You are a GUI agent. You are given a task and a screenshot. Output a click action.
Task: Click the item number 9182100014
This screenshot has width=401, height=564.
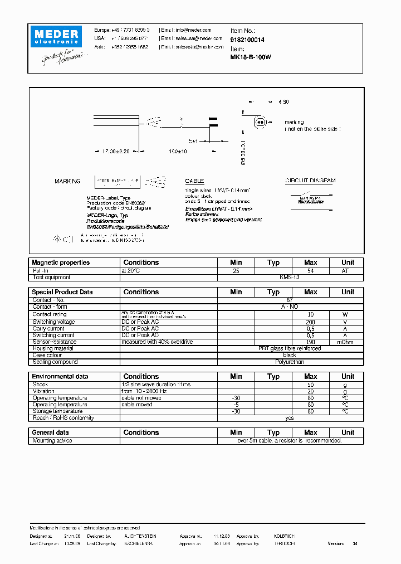[x=247, y=40]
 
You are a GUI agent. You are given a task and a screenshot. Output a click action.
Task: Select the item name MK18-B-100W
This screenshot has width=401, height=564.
[x=251, y=57]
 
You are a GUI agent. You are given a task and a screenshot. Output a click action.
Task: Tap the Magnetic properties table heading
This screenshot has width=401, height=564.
[x=61, y=262]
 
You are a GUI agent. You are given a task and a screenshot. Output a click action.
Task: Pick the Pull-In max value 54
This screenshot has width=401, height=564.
[x=311, y=270]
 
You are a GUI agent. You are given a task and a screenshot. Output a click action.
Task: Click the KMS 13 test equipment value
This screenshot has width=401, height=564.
[x=290, y=277]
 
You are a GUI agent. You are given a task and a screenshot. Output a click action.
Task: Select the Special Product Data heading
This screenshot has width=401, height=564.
[x=62, y=292]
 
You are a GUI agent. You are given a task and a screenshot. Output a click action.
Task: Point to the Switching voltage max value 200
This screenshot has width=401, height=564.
[x=311, y=322]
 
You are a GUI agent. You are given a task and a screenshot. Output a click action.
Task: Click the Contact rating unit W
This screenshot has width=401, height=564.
[x=348, y=314]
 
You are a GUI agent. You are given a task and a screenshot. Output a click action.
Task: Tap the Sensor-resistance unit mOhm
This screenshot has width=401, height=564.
[x=348, y=342]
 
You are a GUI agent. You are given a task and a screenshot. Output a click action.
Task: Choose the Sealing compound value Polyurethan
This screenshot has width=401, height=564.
[x=290, y=362]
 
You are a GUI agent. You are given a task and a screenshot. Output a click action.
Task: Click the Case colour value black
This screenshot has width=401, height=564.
[x=290, y=355]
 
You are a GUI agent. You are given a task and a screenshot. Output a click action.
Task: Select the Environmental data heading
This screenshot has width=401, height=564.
[x=60, y=377]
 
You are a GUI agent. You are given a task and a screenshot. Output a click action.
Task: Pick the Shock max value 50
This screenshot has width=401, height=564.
[x=311, y=385]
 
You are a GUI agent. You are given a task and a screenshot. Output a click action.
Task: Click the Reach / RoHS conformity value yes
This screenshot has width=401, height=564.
[x=290, y=418]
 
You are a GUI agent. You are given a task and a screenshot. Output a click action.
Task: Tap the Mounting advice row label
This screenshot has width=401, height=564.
[x=52, y=440]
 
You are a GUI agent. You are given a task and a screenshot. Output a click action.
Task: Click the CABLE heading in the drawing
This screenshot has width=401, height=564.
[x=194, y=181]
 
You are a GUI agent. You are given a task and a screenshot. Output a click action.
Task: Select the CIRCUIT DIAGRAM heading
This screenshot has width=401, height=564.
[x=310, y=181]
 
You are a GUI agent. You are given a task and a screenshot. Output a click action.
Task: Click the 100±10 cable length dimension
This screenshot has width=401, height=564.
[x=178, y=151]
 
